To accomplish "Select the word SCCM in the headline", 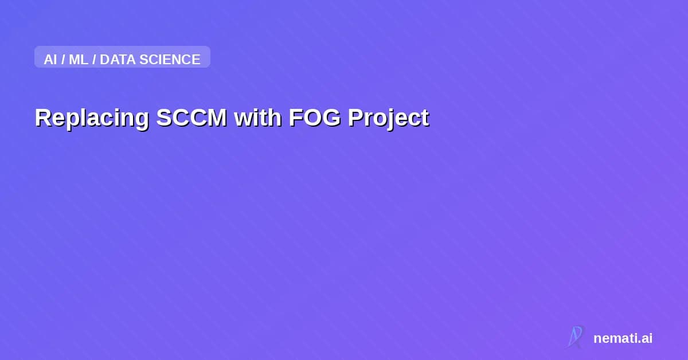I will (191, 118).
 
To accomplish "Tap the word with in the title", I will (257, 118).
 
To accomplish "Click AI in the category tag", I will (50, 59).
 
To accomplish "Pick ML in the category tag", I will (79, 59).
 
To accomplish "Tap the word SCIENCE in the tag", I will (170, 59).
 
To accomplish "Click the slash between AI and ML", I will (63, 59).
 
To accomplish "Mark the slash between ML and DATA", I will (94, 59).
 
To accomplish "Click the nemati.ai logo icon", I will (575, 337).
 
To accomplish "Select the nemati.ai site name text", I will (623, 338).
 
